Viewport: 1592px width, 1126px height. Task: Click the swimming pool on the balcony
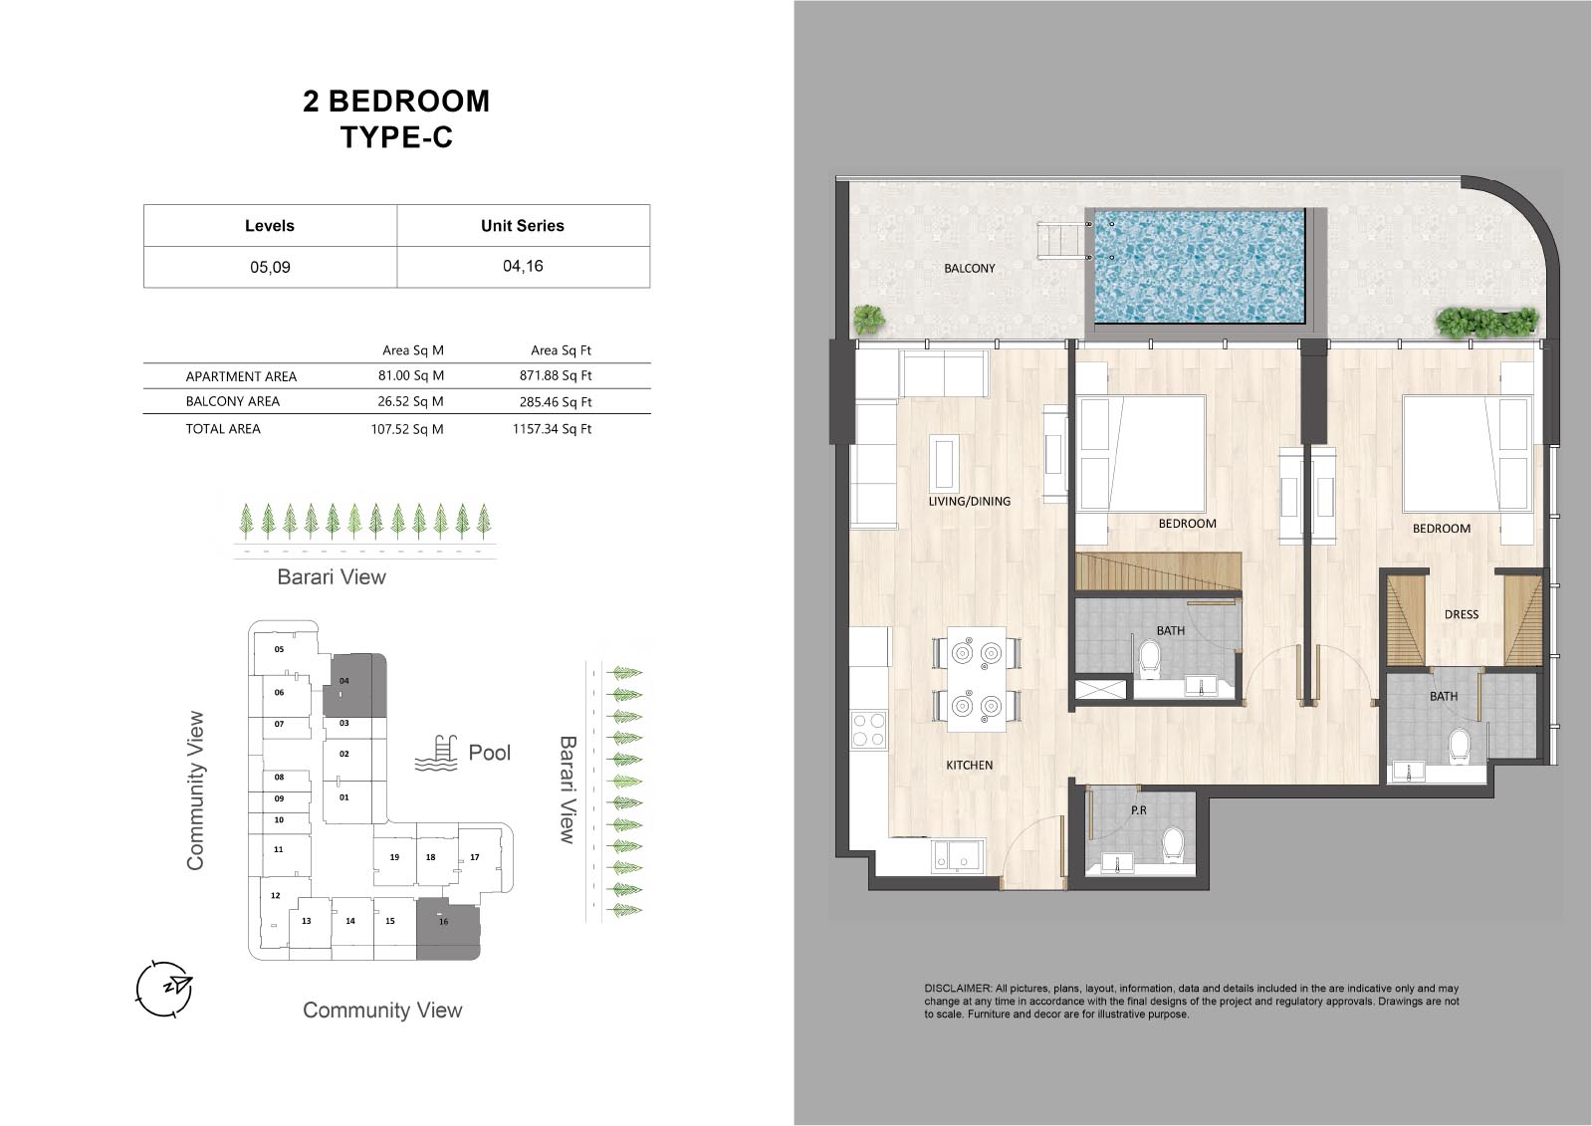[x=1200, y=266]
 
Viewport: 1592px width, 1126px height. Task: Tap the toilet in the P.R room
[x=1173, y=845]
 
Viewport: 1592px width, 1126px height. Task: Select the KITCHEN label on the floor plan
[x=970, y=765]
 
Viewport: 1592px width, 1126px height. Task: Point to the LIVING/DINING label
[x=970, y=501]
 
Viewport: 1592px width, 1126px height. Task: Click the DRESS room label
[x=1462, y=614]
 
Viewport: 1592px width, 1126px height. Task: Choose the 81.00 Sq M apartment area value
[x=411, y=375]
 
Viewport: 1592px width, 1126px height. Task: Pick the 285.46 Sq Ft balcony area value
[x=556, y=401]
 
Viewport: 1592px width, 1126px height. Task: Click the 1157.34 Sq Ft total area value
[x=552, y=429]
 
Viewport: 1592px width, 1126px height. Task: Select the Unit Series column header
[x=523, y=225]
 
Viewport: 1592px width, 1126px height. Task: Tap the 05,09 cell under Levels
[x=270, y=267]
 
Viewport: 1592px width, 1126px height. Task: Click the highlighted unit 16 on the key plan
[x=448, y=930]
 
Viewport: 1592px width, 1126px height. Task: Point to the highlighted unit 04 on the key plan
[x=354, y=685]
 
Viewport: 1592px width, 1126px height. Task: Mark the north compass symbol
[x=164, y=988]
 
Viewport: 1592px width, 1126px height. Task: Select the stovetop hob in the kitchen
[x=868, y=730]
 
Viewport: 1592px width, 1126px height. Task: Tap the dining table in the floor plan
[x=976, y=679]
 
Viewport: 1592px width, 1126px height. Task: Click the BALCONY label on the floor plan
[x=970, y=268]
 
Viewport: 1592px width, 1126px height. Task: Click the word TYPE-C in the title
[x=396, y=137]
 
